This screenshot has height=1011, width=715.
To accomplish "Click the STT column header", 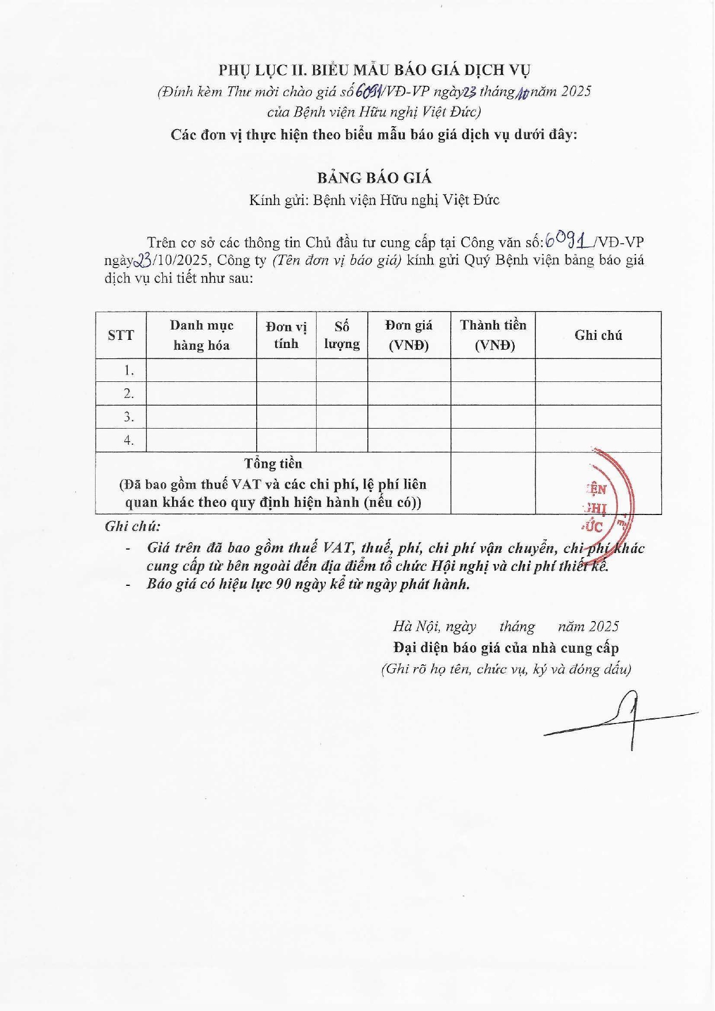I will [121, 335].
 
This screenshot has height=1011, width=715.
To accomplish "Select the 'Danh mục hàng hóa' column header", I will [201, 335].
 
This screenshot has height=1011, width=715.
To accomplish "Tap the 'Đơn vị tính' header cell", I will [286, 335].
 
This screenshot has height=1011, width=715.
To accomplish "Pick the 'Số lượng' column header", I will [341, 335].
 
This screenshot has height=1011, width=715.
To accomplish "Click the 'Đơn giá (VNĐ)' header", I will [409, 335].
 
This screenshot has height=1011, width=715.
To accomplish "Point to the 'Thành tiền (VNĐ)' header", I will [493, 335].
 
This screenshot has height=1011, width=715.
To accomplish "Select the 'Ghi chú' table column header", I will [598, 335].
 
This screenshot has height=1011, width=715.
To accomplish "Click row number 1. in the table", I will [129, 370].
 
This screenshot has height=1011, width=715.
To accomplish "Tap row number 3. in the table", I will [129, 417].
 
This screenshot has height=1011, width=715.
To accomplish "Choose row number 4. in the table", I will [129, 441].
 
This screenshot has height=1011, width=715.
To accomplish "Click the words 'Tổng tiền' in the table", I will [273, 464].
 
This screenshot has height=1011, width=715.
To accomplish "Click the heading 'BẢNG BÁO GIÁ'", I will [374, 178].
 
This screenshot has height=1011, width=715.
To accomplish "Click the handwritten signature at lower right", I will [625, 720].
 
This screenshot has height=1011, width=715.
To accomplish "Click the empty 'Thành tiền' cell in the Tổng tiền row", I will [493, 483].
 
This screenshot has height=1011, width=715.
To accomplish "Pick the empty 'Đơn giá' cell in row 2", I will [409, 394].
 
